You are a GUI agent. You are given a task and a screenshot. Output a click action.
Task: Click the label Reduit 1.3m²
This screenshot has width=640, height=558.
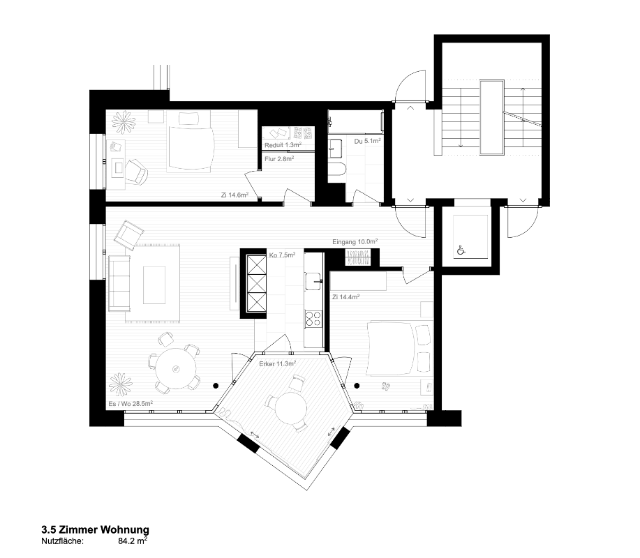pos(282,145)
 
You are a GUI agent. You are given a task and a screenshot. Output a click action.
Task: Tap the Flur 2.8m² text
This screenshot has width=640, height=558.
pos(278,159)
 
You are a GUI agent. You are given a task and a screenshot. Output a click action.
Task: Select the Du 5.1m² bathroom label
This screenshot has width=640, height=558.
pos(367,141)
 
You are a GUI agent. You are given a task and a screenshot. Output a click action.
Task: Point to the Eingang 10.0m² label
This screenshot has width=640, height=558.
pos(355,242)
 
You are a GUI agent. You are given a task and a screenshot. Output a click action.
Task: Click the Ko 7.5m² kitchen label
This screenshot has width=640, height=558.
pos(282,255)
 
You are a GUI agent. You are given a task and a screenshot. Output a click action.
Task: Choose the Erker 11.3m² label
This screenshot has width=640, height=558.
pos(277,363)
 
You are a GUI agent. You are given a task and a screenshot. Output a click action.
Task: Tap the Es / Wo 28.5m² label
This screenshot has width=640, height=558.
pos(131,403)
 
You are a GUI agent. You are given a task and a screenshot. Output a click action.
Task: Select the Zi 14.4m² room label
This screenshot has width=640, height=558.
pos(345,297)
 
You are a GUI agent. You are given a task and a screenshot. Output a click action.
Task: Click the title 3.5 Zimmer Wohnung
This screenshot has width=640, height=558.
pos(94,530)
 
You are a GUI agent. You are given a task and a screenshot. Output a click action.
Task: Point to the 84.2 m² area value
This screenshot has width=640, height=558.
pos(133,540)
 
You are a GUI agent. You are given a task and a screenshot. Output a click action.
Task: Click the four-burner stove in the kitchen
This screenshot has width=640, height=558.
pos(313,319)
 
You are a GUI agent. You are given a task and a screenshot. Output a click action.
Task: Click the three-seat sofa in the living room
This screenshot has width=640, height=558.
pos(119,282)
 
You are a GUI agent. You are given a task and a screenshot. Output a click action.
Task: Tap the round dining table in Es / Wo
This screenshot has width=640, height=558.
pos(174,364)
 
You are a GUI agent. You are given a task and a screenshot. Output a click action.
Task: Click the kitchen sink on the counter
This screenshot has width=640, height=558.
pos(313,281)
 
